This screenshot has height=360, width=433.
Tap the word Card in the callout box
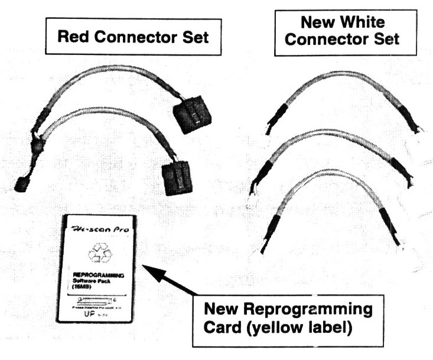219,326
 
